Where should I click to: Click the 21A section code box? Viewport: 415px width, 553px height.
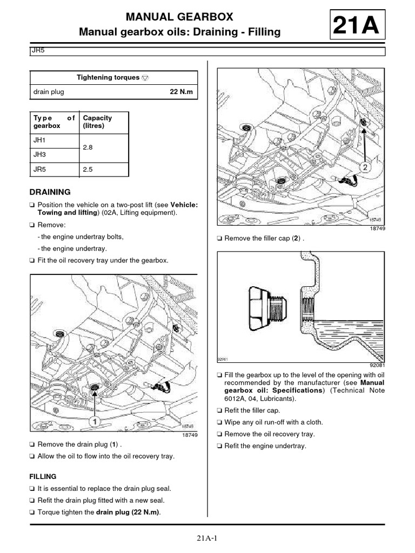(357, 25)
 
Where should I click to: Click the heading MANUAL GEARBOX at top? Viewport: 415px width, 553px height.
(179, 18)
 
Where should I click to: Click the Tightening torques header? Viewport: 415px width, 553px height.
(108, 78)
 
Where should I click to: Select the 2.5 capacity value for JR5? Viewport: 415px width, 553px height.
(88, 169)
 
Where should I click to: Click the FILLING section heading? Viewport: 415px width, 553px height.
(43, 477)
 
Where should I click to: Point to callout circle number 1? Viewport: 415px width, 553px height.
(93, 420)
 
